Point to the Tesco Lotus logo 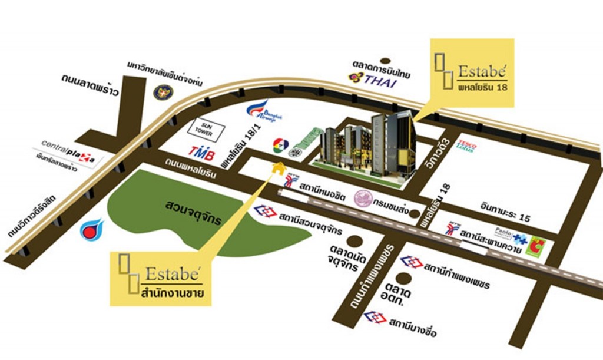coord(466,145)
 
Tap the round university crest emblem coord(161,93)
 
